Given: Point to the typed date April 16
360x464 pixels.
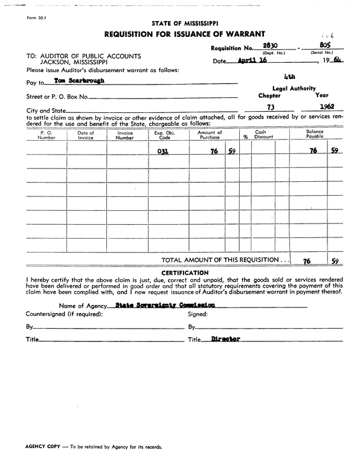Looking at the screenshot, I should coord(252,61).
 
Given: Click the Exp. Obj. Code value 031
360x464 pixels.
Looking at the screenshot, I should coord(162,152).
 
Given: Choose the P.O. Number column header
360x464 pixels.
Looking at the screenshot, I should coord(47,134).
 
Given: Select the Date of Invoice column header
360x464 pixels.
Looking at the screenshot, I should coord(86,135).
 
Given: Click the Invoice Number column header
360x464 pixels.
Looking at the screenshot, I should coord(125,135).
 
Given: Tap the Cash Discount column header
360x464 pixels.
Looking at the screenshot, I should coord(263,134).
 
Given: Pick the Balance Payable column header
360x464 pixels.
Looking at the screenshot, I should coord(314,134).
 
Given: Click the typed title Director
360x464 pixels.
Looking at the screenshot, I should coord(225,339).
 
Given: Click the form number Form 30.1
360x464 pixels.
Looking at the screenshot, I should coord(36,18).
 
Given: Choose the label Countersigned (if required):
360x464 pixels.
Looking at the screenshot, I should coord(64,314).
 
